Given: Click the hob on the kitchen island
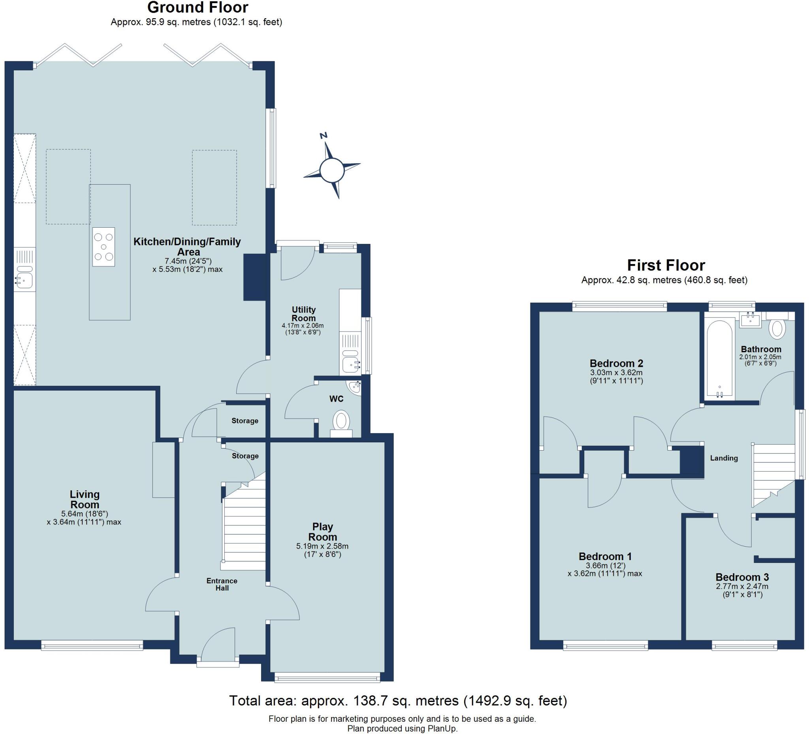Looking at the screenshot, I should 103,247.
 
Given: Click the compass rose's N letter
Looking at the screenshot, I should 324,135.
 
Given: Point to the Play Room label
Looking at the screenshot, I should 322,532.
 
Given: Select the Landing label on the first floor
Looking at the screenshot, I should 724,458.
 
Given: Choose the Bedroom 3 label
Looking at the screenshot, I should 742,577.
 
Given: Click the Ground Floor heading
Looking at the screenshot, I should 198,8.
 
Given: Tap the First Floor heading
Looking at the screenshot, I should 666,265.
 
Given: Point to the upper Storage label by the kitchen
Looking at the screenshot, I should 245,421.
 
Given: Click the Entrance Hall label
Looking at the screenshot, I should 222,584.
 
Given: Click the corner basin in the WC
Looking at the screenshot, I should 355,387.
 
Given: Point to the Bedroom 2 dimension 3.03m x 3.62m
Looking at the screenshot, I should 616,373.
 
